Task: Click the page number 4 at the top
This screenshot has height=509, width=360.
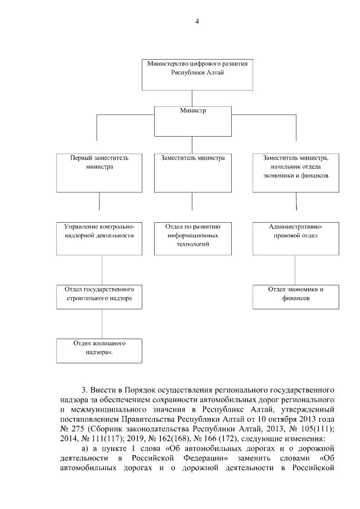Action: pyautogui.click(x=197, y=21)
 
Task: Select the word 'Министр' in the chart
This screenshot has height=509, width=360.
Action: pyautogui.click(x=193, y=111)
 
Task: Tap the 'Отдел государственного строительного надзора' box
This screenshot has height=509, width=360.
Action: pyautogui.click(x=99, y=296)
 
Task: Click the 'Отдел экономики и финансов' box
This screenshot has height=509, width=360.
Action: pyautogui.click(x=295, y=296)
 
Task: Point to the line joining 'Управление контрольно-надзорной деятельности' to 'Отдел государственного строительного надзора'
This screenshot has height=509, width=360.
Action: pyautogui.click(x=102, y=272)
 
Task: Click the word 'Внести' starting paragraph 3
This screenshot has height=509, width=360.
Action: pyautogui.click(x=103, y=389)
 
